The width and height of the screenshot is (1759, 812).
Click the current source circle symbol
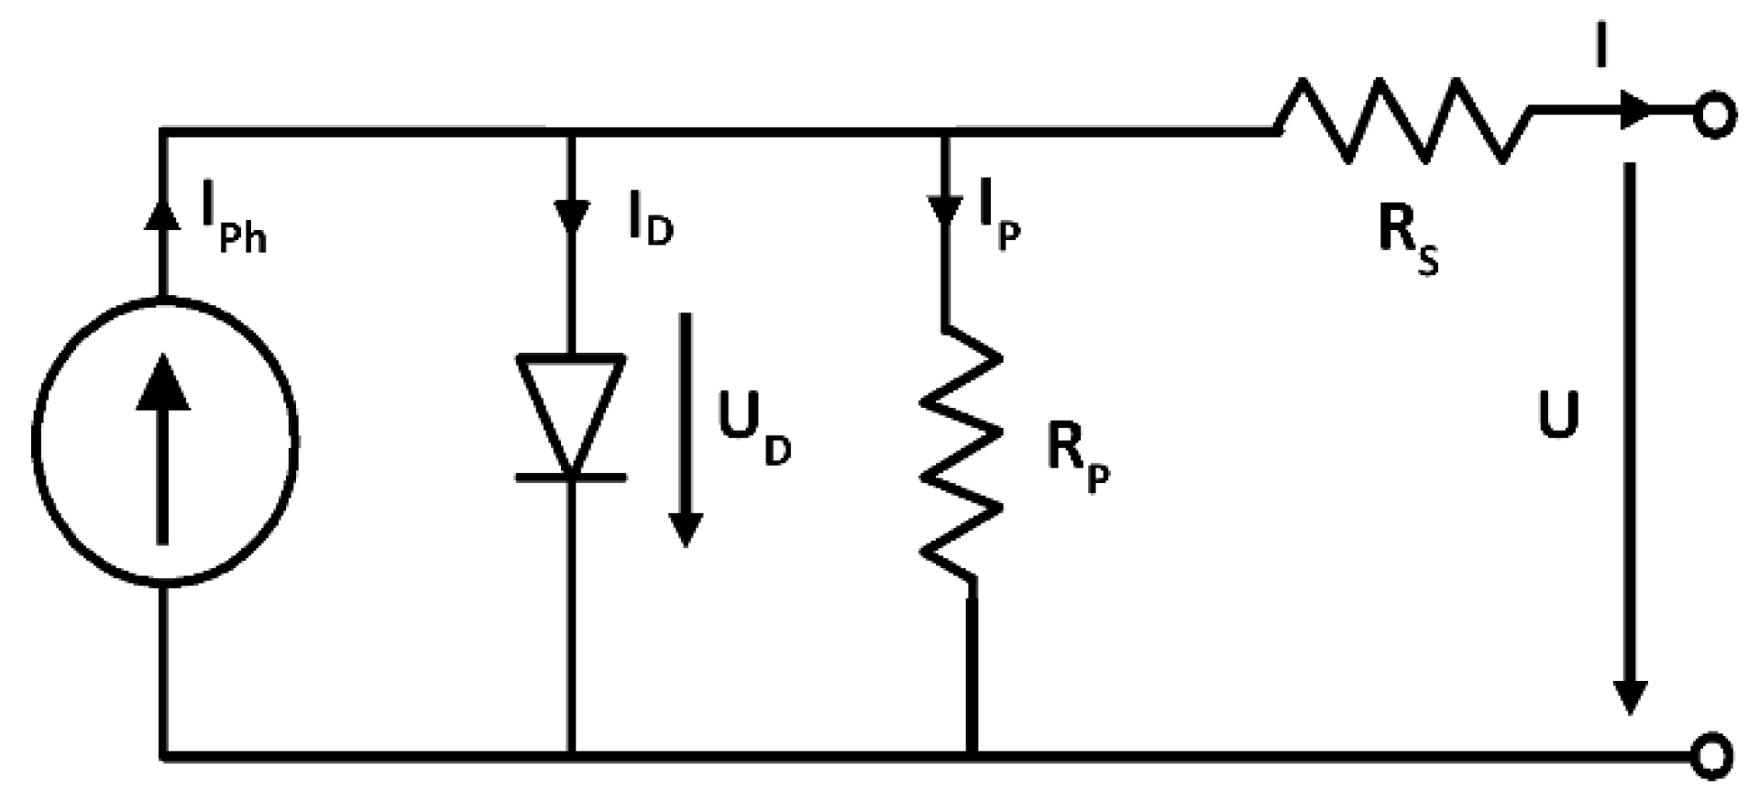coord(165,441)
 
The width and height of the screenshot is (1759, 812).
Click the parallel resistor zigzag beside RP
coord(960,453)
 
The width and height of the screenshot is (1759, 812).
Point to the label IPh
coord(233,226)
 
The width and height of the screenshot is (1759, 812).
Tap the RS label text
coord(1407,240)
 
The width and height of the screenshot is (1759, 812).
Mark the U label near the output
coord(1557,416)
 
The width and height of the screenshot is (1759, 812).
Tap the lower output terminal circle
coord(1711,756)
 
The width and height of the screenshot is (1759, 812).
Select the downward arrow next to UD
coord(685,431)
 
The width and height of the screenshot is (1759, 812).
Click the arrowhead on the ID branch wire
coord(572,216)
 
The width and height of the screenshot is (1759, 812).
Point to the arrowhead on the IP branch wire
coord(945,210)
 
